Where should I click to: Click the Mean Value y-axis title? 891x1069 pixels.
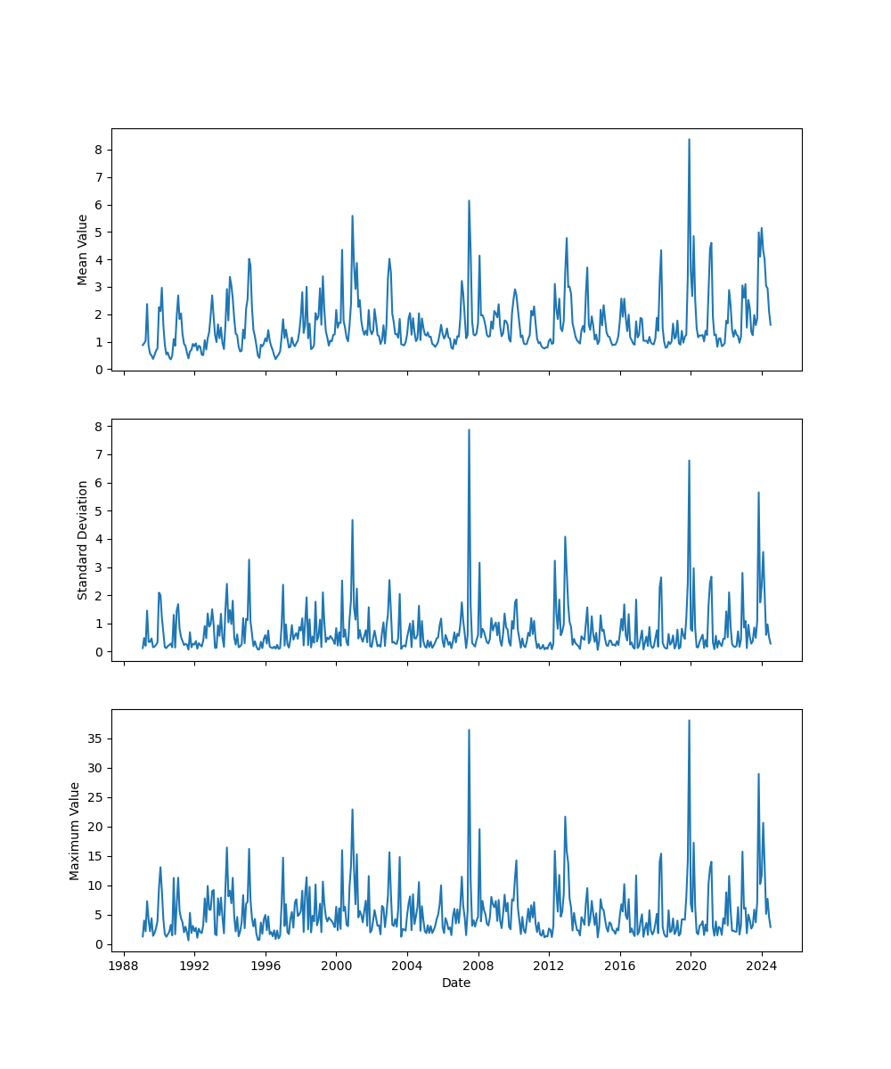coord(83,249)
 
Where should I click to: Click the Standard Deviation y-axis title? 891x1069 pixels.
coord(83,540)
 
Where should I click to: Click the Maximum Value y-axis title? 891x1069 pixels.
coord(75,830)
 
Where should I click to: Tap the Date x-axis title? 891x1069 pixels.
coord(456,983)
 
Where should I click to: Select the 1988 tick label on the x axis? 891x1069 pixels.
coord(124,966)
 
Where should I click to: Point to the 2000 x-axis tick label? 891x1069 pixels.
coord(336,966)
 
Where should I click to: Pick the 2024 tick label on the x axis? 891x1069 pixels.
coord(761,966)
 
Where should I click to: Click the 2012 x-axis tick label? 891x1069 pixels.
coord(549,966)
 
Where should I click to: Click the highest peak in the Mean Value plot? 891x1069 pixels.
coord(689,139)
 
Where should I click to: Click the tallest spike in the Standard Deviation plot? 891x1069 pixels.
coord(469,430)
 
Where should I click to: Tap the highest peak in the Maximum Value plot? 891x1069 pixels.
coord(689,721)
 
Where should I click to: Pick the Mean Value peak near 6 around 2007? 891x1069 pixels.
coord(469,200)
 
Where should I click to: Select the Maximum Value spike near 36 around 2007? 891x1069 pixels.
coord(469,730)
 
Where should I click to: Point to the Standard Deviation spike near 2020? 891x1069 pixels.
coord(689,461)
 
